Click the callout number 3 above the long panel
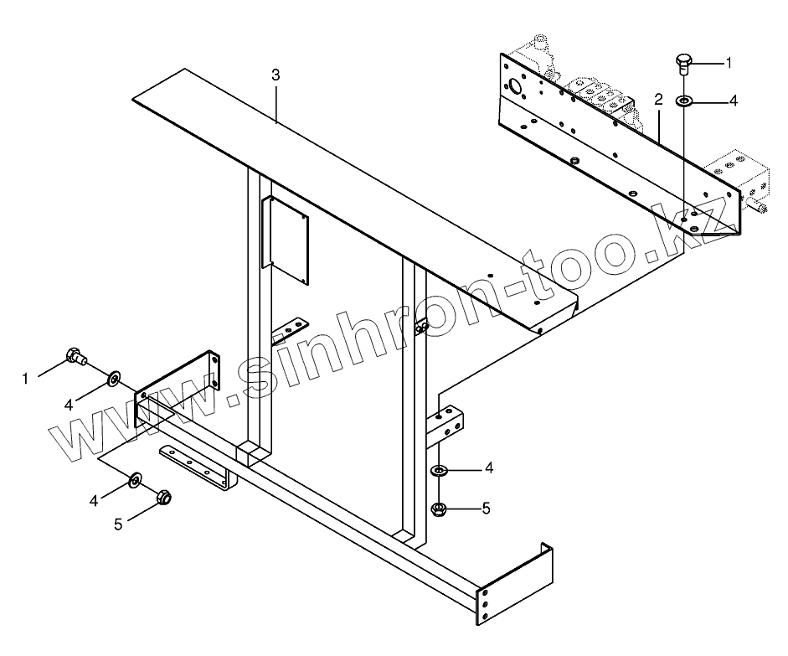[276, 75]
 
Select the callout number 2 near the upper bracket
[659, 100]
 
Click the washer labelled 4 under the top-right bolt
[684, 101]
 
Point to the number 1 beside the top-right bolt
[729, 62]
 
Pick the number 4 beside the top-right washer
[734, 101]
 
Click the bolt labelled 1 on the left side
[75, 357]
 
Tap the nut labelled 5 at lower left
[165, 498]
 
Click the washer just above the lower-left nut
[135, 481]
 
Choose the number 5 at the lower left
[118, 524]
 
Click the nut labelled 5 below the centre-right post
[437, 508]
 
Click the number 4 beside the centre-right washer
[489, 468]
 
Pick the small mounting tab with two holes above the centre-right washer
[447, 422]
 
